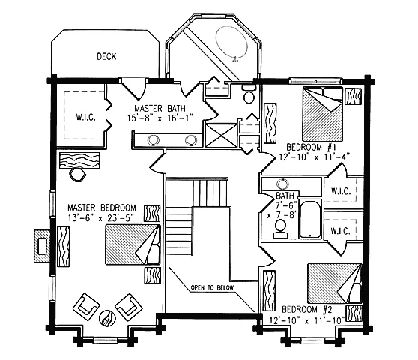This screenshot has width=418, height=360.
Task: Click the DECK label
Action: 106,56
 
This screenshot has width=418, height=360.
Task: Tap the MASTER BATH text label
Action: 160,108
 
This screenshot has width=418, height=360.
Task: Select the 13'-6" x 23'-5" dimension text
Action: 101,218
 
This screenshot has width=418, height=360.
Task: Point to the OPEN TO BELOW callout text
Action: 212,287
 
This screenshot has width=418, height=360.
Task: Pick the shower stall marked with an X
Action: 221,135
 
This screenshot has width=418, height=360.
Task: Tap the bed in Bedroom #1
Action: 322,114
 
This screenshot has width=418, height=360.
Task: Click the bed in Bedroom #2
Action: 335,283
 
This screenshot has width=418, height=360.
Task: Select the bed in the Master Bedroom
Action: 133,244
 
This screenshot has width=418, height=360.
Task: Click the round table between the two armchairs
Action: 107,317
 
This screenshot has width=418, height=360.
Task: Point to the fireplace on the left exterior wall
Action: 42,246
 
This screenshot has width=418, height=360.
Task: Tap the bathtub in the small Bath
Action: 310,219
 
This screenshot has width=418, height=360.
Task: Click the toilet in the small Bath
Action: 280,229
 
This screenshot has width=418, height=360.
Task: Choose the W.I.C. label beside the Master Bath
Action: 86,118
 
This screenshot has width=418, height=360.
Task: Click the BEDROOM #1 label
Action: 311,147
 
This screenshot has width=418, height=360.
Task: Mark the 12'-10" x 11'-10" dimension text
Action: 306,319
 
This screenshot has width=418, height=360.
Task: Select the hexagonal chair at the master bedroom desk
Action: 78,174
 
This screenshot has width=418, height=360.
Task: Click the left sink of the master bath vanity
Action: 154,140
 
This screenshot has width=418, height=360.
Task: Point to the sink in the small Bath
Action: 282,184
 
